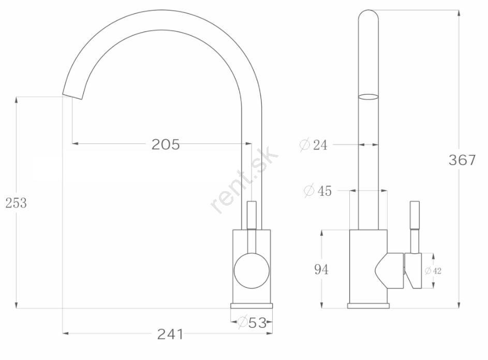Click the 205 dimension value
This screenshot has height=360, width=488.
166,145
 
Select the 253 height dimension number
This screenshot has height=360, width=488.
16,203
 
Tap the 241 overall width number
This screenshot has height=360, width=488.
170,334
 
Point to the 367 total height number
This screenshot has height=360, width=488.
462,160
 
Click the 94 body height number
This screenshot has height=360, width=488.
321,269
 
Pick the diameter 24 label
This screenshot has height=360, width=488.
314,145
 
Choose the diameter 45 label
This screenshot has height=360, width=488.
318,191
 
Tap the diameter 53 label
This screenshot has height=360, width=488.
252,323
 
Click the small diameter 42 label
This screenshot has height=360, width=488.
433,271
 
